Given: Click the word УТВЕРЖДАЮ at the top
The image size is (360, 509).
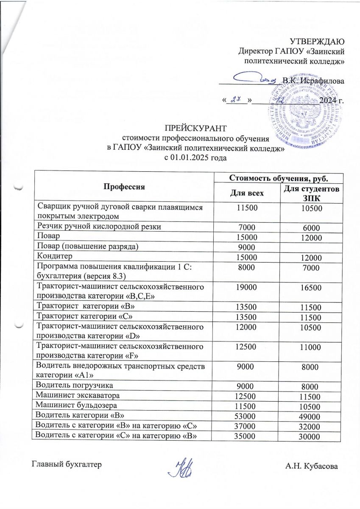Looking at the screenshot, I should tap(316, 42).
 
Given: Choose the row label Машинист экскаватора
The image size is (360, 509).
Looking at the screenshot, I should tap(77, 395).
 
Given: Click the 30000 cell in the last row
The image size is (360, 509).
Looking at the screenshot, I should tap(310, 435).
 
